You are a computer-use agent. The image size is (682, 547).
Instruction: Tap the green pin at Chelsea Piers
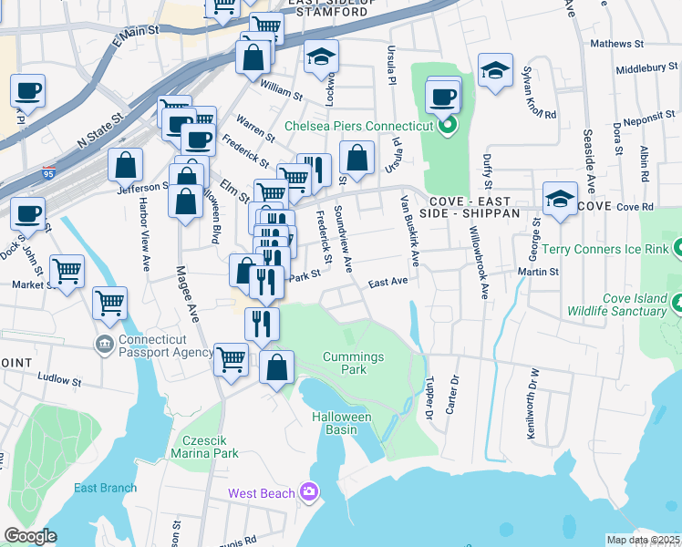click(447, 126)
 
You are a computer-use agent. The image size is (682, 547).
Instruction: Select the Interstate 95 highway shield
click(48, 170)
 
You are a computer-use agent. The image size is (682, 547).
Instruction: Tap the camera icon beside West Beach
click(310, 492)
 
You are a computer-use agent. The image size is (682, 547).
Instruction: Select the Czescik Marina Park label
click(205, 446)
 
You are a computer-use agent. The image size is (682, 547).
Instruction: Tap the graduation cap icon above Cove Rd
click(560, 199)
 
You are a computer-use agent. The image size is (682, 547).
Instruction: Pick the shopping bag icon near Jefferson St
click(126, 166)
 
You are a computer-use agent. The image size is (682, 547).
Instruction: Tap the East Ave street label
click(387, 284)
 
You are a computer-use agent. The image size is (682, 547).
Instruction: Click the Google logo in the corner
click(30, 536)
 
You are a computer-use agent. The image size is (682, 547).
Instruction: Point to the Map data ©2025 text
click(642, 540)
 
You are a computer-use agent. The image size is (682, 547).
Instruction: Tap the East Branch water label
click(105, 488)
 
